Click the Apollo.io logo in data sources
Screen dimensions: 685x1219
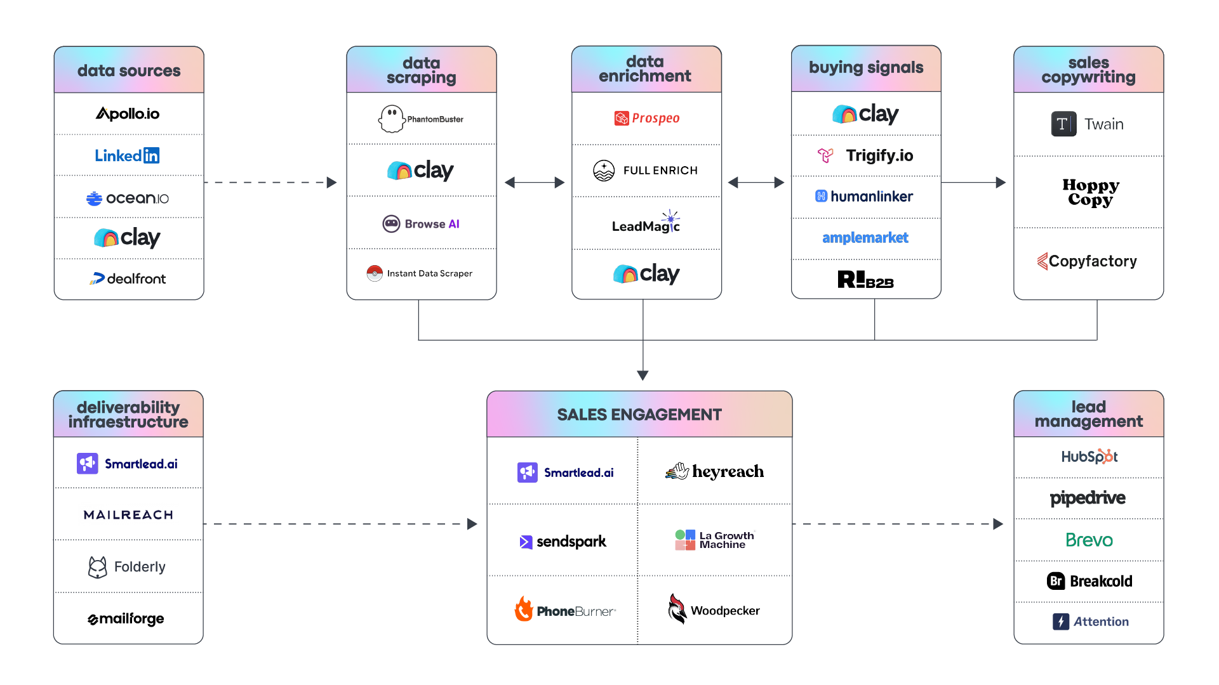point(128,114)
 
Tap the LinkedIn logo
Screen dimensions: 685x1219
point(127,155)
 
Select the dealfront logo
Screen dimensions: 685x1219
point(128,278)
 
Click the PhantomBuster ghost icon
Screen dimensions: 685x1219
point(391,119)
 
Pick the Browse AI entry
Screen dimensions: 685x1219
point(421,224)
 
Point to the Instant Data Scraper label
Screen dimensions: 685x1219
point(429,273)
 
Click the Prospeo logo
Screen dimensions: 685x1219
point(647,119)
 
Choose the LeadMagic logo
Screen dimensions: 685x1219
point(646,225)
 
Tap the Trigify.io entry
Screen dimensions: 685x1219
point(866,155)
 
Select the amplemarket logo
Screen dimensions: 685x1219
point(865,238)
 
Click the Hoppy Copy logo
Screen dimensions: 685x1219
point(1090,192)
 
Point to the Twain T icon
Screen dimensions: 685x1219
point(1063,124)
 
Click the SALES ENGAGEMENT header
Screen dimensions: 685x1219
point(639,415)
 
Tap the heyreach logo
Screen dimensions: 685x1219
point(715,472)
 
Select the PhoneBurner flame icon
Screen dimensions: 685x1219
point(524,609)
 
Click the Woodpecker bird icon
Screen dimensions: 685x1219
point(677,609)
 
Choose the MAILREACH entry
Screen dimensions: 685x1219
point(128,515)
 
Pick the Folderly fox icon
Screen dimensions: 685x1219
point(97,567)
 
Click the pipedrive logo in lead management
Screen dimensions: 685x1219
point(1088,499)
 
